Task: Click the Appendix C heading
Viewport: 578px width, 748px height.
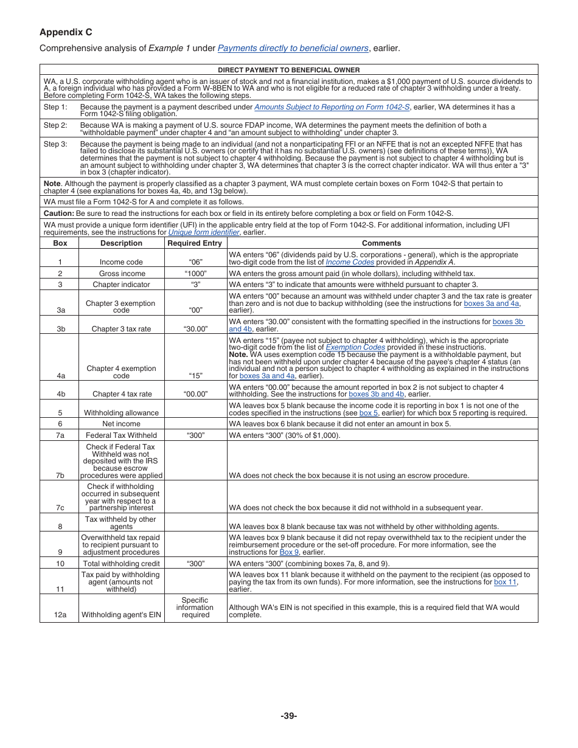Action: click(66, 32)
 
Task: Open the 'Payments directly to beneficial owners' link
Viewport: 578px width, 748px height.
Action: click(293, 48)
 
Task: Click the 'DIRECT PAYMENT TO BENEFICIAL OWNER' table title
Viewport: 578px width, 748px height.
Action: click(289, 70)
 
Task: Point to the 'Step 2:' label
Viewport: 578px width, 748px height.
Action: click(55, 125)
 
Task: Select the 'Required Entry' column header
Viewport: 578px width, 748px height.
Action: click(195, 243)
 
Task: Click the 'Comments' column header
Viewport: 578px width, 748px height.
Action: click(381, 243)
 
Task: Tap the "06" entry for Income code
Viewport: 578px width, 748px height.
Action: click(195, 262)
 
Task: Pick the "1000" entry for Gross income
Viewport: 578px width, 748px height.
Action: click(195, 274)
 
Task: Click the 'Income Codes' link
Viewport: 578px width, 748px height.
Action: click(350, 262)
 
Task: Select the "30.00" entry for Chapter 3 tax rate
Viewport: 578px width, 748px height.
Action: click(195, 329)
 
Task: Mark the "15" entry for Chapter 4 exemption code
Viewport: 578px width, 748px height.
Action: click(195, 376)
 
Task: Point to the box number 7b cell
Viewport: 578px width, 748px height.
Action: click(60, 476)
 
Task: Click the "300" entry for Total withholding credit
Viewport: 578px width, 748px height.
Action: click(195, 564)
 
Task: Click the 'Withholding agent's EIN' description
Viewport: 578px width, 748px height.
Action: click(122, 615)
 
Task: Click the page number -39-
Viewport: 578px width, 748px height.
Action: click(289, 716)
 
